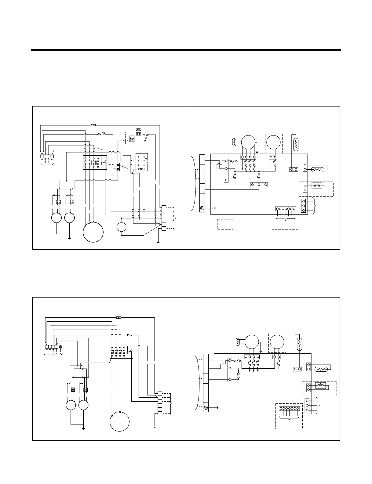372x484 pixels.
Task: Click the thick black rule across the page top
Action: [186, 50]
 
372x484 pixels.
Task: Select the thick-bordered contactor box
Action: [95, 162]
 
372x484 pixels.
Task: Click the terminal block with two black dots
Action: [118, 167]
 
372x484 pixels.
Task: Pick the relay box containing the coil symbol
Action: [141, 162]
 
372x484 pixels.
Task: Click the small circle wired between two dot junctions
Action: [122, 227]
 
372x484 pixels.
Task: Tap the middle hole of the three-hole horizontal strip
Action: [259, 185]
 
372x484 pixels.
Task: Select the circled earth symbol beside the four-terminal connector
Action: [60, 347]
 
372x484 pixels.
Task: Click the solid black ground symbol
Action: [83, 428]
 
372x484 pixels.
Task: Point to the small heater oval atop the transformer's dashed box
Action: [138, 130]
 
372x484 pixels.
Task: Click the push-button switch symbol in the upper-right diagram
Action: [317, 186]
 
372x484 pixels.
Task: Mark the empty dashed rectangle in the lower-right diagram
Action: [229, 424]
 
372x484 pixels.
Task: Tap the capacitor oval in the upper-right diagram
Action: [235, 142]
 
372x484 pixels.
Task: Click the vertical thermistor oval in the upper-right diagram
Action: [295, 144]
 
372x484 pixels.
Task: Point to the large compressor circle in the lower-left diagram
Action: [120, 421]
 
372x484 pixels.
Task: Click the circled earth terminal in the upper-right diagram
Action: [202, 208]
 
